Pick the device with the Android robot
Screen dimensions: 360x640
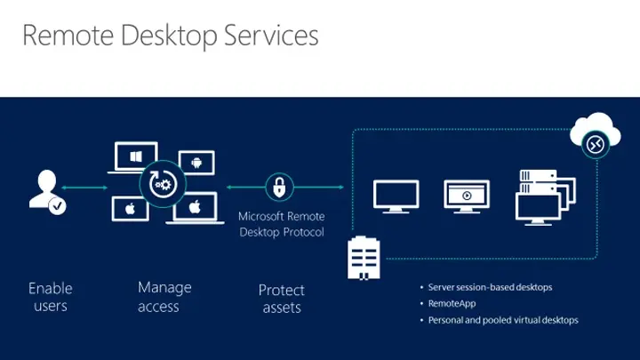[195, 163]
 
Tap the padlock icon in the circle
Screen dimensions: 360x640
[279, 188]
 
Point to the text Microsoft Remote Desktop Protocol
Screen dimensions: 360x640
[282, 224]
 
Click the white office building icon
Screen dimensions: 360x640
[364, 259]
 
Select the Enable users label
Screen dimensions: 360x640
[50, 297]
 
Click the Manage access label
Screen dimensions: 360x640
[164, 297]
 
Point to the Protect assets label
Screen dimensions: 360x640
[281, 299]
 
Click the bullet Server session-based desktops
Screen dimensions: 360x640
[490, 287]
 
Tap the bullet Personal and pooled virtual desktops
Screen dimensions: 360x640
[502, 320]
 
